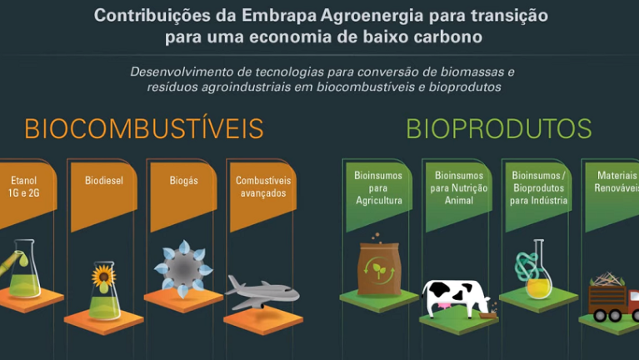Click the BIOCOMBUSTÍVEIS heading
144,129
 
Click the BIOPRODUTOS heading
499,129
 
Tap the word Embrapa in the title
279,16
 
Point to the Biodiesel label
104,180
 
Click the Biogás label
184,181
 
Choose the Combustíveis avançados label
263,187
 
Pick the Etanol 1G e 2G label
23,187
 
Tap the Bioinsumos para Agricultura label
378,188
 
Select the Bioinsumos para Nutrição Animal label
459,188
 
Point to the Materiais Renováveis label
617,182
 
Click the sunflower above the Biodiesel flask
103,276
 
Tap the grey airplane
262,292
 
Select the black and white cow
456,298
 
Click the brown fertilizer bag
379,268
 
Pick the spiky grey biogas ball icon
184,269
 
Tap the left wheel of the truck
600,315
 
